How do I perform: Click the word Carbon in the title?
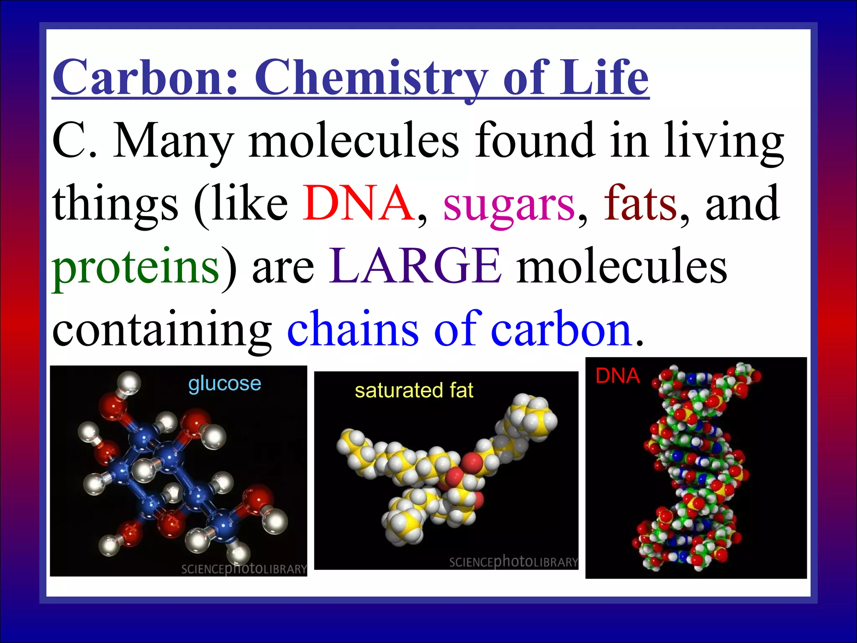(x=145, y=78)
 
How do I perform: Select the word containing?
(x=162, y=331)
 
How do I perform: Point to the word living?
(x=724, y=142)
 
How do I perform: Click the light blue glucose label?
(x=225, y=383)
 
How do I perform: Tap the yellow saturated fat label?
(x=414, y=391)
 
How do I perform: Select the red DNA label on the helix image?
(x=618, y=376)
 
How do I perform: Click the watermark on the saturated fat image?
(x=513, y=562)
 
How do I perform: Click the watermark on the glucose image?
(x=244, y=568)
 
